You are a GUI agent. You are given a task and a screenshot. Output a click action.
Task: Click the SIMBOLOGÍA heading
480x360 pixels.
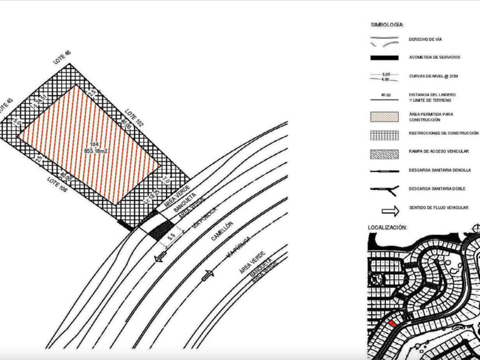(x=387, y=25)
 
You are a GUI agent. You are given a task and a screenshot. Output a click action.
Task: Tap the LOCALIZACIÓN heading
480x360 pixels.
(x=387, y=227)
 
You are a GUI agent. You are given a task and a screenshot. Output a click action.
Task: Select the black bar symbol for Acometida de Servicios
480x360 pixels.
(x=384, y=58)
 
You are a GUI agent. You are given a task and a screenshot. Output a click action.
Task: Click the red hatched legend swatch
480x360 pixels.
(x=384, y=116)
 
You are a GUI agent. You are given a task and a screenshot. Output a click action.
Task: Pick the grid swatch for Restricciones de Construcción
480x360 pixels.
(x=384, y=135)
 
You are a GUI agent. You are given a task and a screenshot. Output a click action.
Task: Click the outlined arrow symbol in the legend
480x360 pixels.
(x=384, y=209)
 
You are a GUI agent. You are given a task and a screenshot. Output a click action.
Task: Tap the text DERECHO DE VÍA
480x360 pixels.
(x=426, y=39)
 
